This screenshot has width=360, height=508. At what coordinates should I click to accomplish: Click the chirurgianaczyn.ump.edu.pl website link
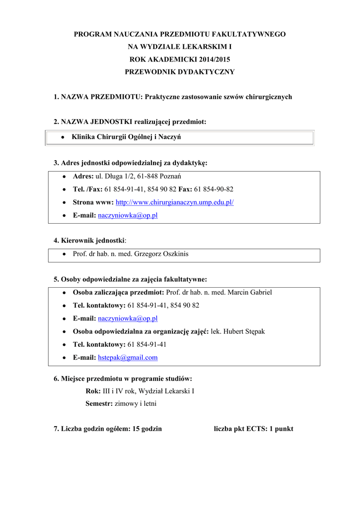174,202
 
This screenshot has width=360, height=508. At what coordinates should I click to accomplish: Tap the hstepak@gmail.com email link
128,357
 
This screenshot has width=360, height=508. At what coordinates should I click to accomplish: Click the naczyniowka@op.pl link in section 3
128,215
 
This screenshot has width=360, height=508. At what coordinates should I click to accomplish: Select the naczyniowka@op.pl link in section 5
128,318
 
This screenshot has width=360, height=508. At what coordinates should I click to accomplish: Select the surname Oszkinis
172,254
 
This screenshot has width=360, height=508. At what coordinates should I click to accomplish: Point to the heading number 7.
56,429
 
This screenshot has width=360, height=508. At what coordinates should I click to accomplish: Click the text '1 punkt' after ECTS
281,429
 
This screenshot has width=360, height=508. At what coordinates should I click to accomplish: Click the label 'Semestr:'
99,404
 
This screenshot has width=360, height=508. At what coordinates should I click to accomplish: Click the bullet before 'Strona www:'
65,203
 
